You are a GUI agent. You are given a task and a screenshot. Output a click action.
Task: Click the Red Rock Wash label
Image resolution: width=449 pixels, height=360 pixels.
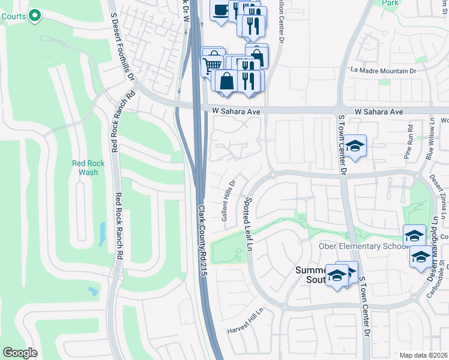pos(85,167)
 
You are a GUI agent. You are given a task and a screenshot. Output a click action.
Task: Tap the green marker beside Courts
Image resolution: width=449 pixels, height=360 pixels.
pos(35,16)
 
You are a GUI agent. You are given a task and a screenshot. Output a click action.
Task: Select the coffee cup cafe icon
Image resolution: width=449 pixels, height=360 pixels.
pos(220,10)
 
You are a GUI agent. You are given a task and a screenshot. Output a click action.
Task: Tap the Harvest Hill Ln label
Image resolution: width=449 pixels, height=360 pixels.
pos(246,330)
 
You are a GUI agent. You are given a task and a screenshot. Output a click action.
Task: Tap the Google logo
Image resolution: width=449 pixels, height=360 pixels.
pos(20,352)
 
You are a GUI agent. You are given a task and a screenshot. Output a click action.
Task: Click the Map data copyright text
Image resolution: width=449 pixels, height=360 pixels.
pos(423,355)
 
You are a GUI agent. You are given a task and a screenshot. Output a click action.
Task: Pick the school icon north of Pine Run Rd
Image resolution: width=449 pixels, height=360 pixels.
pos(355,146)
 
